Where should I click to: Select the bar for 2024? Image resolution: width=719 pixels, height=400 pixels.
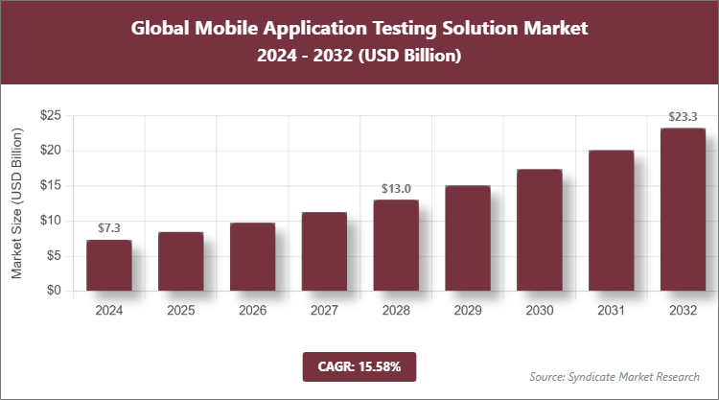click(x=108, y=266)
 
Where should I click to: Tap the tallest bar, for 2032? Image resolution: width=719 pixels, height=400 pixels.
click(x=683, y=209)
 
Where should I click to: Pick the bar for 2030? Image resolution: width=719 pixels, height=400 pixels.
click(x=540, y=230)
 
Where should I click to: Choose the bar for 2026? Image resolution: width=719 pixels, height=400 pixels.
click(x=252, y=257)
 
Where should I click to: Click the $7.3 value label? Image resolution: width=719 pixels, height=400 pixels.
click(x=108, y=228)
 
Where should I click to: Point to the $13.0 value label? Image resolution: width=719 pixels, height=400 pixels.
click(x=396, y=188)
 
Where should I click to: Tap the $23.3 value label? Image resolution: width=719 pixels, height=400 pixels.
click(x=683, y=116)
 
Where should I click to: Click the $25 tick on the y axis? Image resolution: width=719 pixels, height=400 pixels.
click(x=51, y=115)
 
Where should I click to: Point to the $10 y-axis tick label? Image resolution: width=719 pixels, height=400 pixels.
click(x=51, y=221)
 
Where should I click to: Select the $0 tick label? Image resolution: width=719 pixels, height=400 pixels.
click(x=54, y=291)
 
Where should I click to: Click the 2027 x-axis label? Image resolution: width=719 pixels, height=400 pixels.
click(x=324, y=311)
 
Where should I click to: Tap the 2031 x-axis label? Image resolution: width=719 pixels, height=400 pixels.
click(x=611, y=311)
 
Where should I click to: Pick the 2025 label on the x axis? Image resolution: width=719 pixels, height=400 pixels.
click(x=180, y=311)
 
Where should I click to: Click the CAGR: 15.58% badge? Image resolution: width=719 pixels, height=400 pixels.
click(x=359, y=365)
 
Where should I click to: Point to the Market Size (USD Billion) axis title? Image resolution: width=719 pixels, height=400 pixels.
click(x=17, y=203)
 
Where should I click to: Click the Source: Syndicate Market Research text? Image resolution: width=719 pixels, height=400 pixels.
click(x=615, y=376)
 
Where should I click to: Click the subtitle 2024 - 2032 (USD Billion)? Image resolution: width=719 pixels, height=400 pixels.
click(x=359, y=57)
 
